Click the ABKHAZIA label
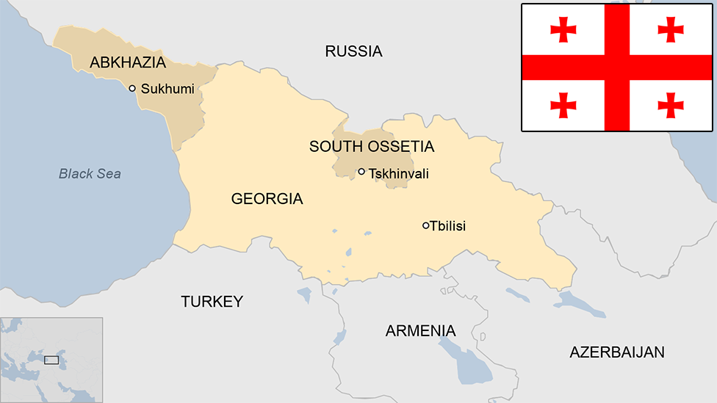pos(128,63)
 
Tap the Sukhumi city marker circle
pos(132,88)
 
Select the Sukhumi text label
pos(167,90)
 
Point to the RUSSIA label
pos(353,51)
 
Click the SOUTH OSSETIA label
pos(372,147)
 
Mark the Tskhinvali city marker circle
pos(361,172)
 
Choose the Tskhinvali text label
pos(399,174)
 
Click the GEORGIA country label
pos(267,199)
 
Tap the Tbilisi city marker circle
pos(425,225)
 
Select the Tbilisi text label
pos(448,226)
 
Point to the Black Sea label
pos(90,174)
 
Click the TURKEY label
pos(212,302)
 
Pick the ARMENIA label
pos(420,331)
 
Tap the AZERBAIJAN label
pos(617,352)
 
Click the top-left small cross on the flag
pos(563,29)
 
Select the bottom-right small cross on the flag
pos(671,105)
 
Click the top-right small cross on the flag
pos(671,29)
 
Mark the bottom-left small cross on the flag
pos(563,105)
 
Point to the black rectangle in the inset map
pos(51,360)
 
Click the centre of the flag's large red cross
pos(617,68)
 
